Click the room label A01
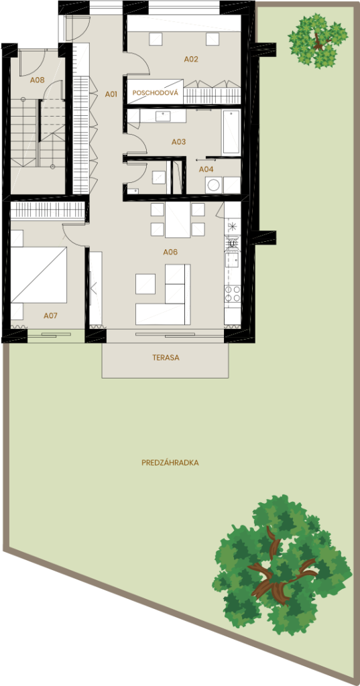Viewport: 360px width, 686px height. point(111,94)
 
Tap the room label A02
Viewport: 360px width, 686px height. point(191,59)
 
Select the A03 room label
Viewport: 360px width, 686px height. point(178,142)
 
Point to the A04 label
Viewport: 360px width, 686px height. point(206,169)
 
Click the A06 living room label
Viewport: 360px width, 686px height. point(170,253)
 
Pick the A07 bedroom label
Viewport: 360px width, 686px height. point(51,315)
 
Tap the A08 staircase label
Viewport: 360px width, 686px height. point(38,80)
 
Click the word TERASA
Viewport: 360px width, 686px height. point(166,358)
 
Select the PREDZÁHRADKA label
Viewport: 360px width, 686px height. point(170,463)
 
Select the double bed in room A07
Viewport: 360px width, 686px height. point(39,274)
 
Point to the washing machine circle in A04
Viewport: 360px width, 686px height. point(215,185)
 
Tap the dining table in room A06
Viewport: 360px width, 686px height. point(178,220)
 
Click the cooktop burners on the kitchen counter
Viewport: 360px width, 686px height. point(233,293)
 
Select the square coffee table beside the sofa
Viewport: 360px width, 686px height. point(145,283)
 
